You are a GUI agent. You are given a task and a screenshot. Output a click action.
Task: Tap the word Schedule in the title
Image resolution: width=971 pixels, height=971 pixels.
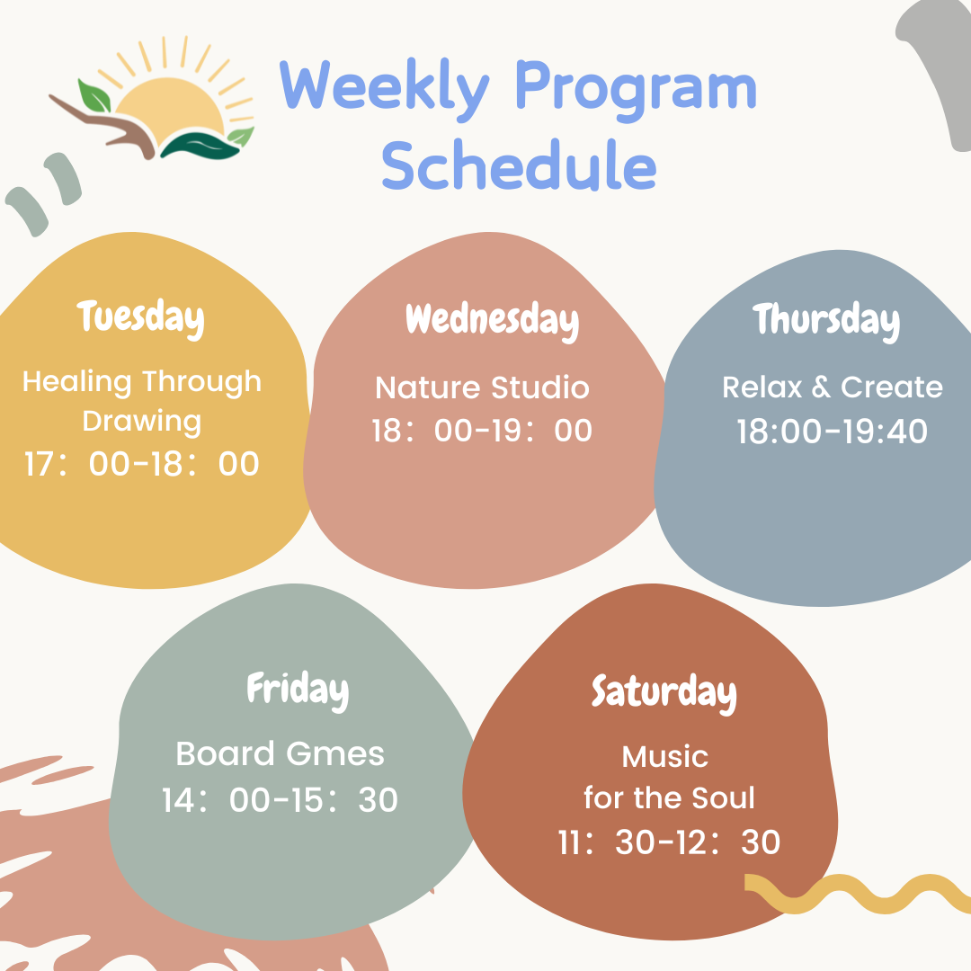519,165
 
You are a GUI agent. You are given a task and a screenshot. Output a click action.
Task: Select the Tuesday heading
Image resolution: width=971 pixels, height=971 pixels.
140,318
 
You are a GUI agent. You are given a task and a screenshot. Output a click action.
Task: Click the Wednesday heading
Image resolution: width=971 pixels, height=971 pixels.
493,321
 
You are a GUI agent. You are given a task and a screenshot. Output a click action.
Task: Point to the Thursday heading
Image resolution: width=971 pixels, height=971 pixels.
826,321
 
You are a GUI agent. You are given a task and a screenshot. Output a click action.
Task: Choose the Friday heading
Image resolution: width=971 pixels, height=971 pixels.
298,690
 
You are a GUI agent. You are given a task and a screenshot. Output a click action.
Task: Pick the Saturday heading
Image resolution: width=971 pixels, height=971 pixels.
664,693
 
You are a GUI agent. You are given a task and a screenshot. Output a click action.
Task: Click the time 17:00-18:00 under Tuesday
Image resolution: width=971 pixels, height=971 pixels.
141,464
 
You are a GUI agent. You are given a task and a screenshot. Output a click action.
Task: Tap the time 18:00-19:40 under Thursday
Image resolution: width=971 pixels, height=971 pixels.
832,431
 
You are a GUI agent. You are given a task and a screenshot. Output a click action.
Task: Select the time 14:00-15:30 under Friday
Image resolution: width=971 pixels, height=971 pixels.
280,799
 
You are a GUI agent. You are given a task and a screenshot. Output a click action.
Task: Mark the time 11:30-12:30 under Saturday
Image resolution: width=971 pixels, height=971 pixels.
669,842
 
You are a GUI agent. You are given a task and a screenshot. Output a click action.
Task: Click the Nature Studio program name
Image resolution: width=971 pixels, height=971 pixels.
482,388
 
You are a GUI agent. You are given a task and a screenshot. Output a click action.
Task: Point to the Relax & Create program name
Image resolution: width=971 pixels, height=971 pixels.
833,387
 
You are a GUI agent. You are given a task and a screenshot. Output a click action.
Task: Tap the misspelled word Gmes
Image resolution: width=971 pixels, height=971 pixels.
335,754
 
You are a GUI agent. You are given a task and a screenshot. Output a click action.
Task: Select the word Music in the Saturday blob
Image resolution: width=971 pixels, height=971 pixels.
665,757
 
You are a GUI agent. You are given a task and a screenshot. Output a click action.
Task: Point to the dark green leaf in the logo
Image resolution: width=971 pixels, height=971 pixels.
200,147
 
